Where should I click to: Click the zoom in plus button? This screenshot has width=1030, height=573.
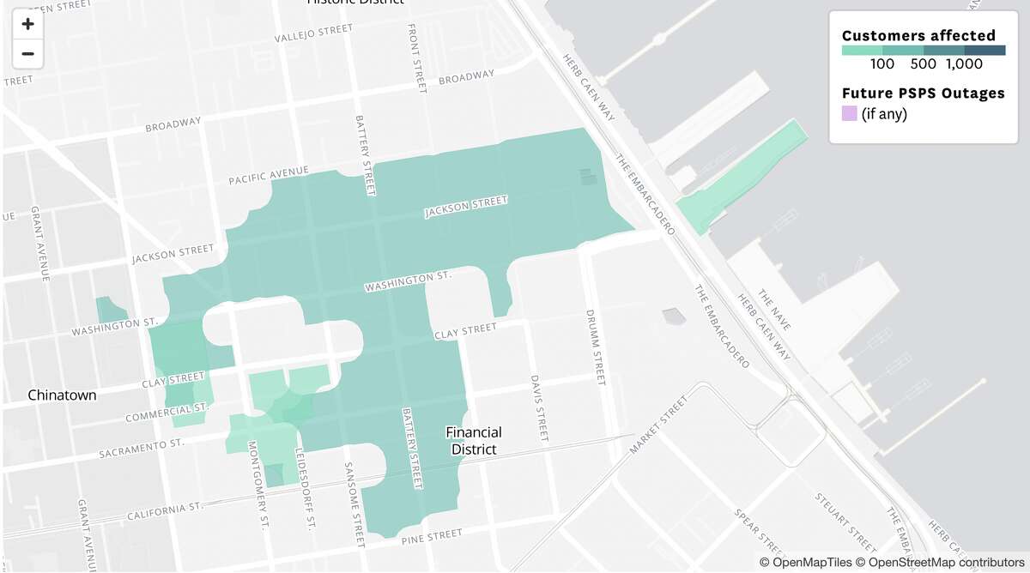tap(27, 24)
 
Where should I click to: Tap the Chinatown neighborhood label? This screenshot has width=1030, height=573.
tap(62, 395)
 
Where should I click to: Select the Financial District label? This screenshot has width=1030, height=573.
tap(474, 441)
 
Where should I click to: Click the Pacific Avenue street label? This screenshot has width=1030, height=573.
tap(268, 176)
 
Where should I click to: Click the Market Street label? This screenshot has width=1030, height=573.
tap(658, 425)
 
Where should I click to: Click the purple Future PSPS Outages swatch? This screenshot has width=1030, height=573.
tap(849, 113)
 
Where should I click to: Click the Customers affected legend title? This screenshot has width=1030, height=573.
tap(918, 35)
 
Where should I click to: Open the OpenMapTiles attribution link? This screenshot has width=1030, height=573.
tap(810, 562)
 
